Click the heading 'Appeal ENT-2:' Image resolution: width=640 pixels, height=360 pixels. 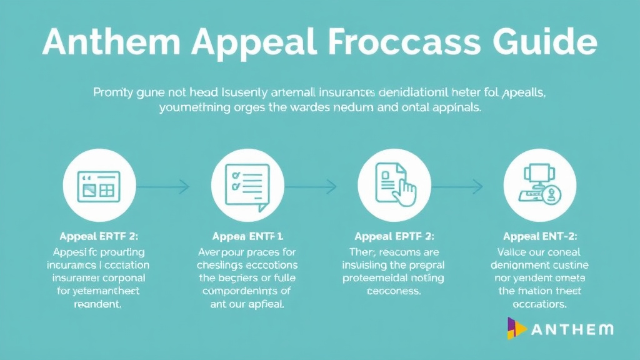coord(540,236)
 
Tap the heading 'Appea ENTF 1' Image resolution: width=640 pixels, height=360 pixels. coord(247,236)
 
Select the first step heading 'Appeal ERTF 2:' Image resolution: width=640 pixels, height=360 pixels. coord(99,236)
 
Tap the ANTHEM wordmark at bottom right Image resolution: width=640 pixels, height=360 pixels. coord(572,329)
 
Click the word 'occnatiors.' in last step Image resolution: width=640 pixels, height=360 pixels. coord(540,304)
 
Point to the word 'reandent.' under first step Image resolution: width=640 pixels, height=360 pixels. coord(97,305)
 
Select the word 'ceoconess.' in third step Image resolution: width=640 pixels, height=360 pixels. coord(394,291)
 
